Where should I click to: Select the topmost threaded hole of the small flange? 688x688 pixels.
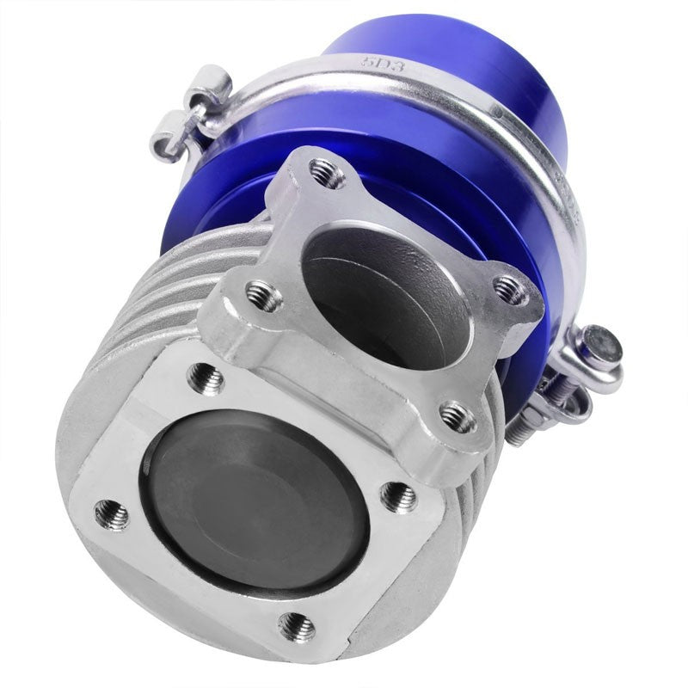(x=327, y=173)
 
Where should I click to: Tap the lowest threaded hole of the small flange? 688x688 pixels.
(x=456, y=416)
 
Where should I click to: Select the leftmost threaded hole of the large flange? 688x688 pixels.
(x=111, y=514)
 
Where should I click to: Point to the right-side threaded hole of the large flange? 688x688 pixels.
(x=397, y=496)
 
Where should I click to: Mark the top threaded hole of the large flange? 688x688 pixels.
(x=205, y=378)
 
